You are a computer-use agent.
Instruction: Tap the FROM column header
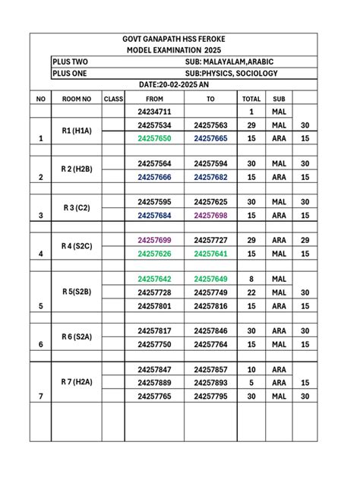(x=154, y=99)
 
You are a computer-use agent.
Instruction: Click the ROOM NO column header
(x=76, y=99)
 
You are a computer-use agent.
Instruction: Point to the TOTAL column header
(x=251, y=99)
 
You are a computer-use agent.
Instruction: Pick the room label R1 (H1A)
(x=76, y=131)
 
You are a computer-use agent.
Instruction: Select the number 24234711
(x=154, y=112)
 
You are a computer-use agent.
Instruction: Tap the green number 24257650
(x=154, y=139)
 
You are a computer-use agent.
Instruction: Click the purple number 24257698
(x=210, y=216)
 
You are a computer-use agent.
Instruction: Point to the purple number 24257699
(x=154, y=240)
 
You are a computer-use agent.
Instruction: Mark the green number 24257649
(x=210, y=279)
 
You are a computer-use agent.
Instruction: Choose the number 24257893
(x=210, y=383)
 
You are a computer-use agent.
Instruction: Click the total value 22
(x=251, y=292)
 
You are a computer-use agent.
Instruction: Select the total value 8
(x=251, y=279)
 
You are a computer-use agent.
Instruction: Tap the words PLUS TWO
(x=70, y=62)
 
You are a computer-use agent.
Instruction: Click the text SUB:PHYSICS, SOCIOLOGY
(x=232, y=73)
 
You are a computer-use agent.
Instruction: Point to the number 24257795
(x=210, y=396)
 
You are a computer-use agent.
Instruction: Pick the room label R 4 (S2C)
(x=76, y=246)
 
